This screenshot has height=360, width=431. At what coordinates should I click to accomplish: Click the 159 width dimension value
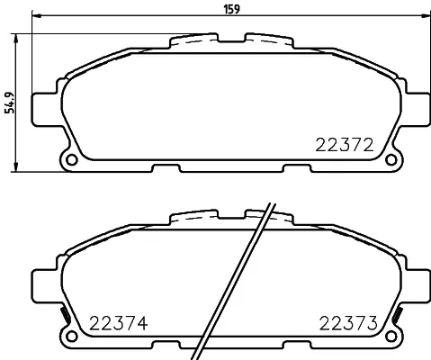232,9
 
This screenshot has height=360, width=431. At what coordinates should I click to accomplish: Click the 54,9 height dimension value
10,103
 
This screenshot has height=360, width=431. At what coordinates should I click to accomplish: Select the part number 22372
345,145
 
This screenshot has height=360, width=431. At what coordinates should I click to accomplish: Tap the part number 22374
119,323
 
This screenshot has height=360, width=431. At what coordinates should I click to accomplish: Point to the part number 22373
348,323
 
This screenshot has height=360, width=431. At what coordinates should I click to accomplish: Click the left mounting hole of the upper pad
72,159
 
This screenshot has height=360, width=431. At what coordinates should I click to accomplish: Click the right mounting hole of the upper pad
391,159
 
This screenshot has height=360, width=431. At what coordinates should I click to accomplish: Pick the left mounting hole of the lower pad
72,336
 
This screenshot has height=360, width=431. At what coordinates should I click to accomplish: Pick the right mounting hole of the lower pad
391,336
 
